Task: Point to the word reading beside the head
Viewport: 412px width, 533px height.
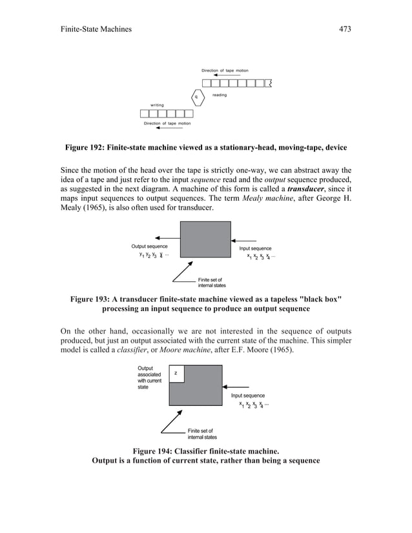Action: point(220,95)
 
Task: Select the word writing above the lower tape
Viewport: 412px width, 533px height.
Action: point(157,105)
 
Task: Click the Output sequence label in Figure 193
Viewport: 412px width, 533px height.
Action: point(149,246)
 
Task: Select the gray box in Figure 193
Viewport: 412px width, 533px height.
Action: point(206,239)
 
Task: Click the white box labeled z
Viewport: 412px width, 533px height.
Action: point(176,374)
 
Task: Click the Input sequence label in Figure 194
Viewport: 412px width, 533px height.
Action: point(248,396)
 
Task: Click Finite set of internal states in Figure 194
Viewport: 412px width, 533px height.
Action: point(202,434)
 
